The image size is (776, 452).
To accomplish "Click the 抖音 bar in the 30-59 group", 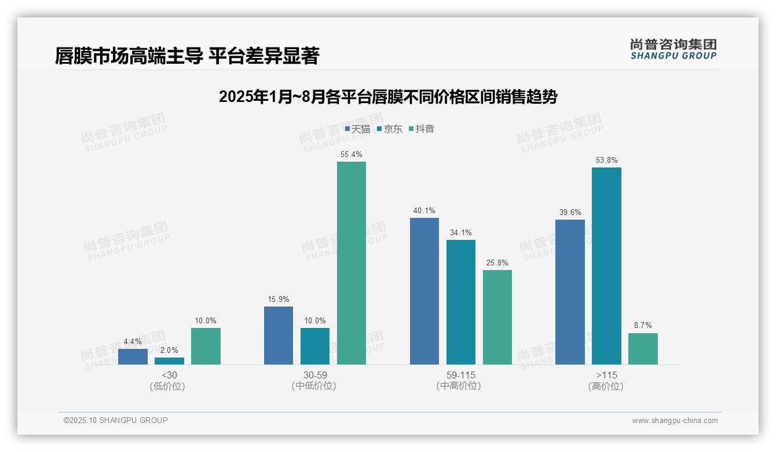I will (352, 263).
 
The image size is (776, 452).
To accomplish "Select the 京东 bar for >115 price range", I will (606, 266).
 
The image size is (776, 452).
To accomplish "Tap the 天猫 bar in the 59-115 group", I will (424, 291).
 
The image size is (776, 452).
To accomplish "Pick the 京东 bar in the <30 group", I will (169, 361).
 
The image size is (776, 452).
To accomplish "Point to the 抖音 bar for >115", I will (643, 349).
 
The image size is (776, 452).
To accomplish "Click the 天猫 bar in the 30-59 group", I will (279, 336).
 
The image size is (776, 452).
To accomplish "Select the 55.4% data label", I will (352, 155).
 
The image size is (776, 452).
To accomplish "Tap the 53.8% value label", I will (606, 161).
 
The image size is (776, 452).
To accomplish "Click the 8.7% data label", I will (643, 326).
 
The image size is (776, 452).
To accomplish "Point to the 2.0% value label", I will (169, 351).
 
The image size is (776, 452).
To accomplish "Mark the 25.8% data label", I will (497, 263).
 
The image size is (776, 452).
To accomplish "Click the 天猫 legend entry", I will (357, 129).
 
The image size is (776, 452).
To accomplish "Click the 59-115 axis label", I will (461, 375).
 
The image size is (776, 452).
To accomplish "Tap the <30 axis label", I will (169, 375).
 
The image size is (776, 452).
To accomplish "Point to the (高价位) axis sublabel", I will (606, 387).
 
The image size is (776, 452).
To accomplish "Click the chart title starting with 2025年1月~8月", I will (387, 97).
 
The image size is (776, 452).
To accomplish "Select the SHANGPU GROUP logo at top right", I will (673, 49).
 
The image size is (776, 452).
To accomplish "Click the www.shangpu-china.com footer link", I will (675, 421).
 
